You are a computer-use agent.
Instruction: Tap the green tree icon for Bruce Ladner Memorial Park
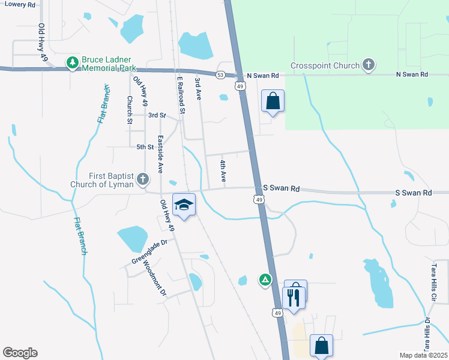(73, 62)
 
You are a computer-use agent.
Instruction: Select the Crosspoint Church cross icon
(369, 65)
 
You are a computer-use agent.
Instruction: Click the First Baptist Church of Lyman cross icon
(143, 179)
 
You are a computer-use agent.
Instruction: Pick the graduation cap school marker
(184, 205)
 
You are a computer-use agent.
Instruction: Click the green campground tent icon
(265, 279)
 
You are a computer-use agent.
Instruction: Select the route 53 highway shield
(221, 75)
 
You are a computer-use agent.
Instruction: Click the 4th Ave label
(222, 171)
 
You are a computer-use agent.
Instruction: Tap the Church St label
(129, 109)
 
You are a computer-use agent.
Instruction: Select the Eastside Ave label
(160, 155)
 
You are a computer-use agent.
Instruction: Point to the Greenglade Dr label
(152, 252)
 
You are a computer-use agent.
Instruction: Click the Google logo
(20, 353)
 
